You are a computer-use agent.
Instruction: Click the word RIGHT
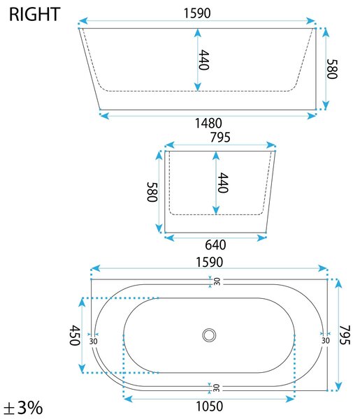coord(34,15)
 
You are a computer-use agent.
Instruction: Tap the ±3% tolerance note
coord(23,408)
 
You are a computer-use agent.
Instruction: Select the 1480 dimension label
coord(208,123)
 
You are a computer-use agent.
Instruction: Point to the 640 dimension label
coord(215,245)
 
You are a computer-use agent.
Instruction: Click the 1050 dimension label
coord(210,406)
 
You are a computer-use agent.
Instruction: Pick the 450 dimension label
coord(75,335)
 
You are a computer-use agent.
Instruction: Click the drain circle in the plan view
coord(209,335)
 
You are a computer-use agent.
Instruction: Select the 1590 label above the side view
coord(197,13)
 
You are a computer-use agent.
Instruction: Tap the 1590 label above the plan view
coord(210,262)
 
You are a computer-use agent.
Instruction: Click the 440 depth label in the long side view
coord(204,59)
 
